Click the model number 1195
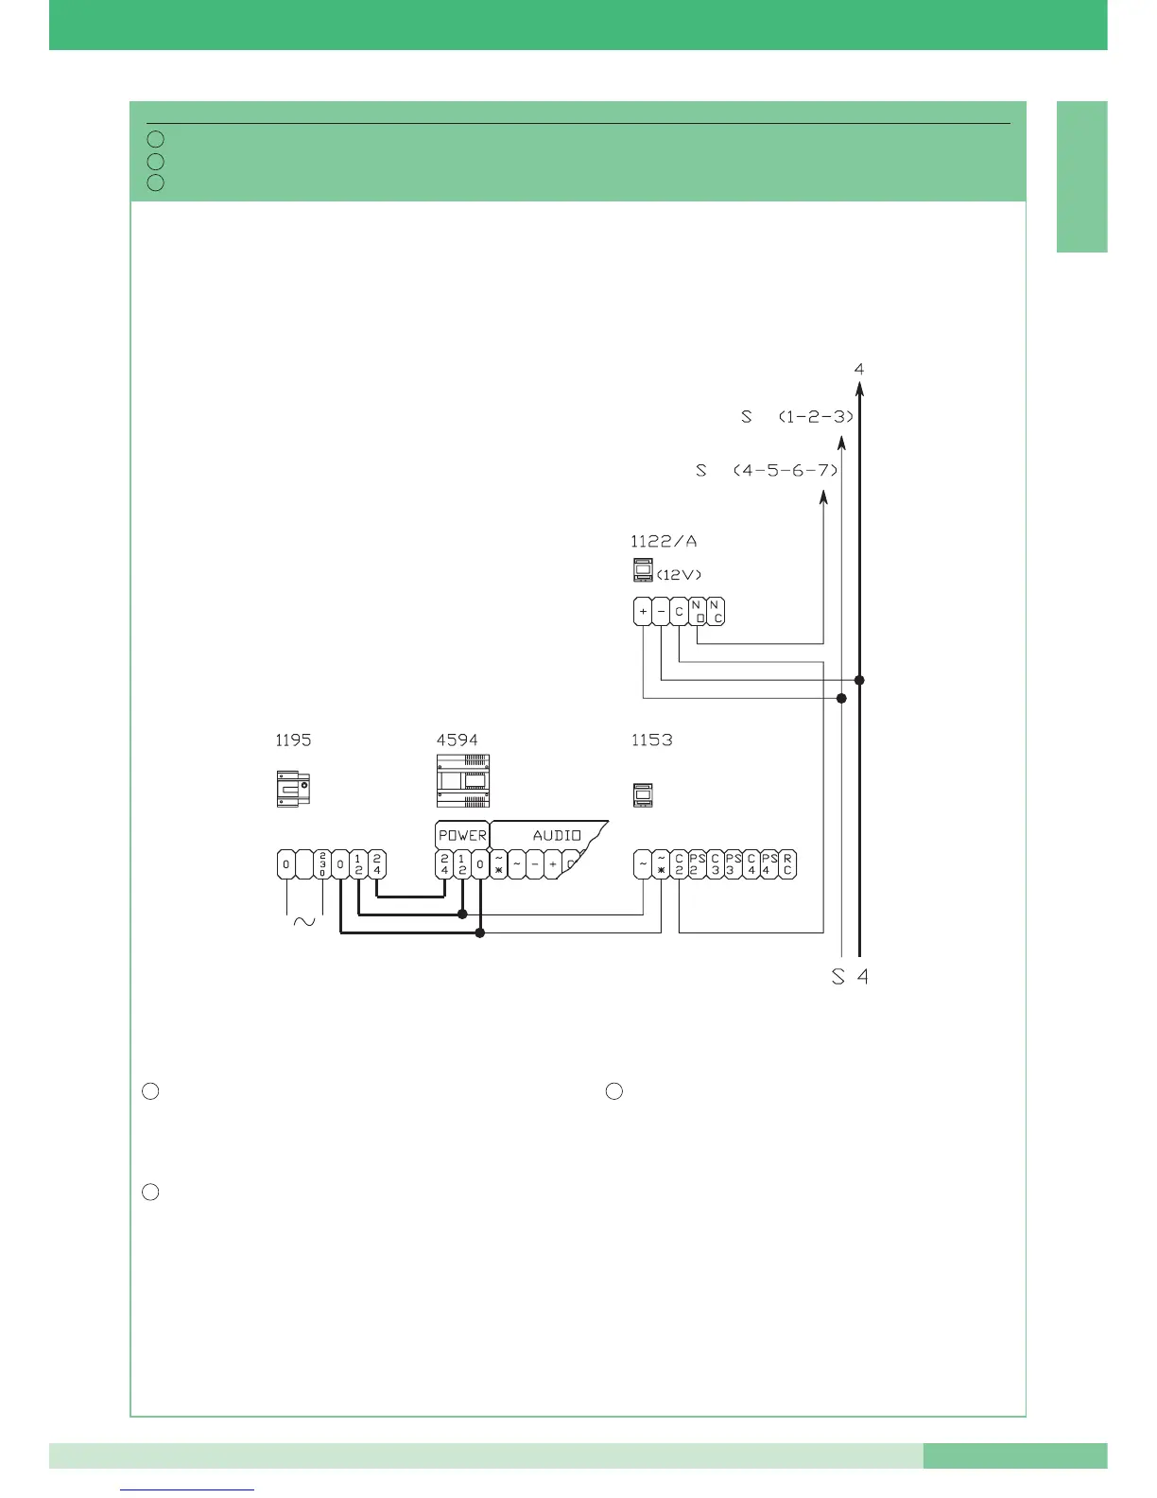tap(293, 740)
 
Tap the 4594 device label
tap(457, 740)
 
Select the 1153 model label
tap(651, 740)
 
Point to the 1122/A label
tap(664, 542)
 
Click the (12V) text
tap(680, 574)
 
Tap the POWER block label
tap(462, 835)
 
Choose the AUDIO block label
tap(557, 835)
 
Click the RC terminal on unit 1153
tap(787, 864)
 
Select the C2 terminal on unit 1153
tap(679, 864)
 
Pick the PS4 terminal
tap(768, 864)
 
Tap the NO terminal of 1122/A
tap(698, 612)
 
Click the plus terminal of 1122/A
tap(643, 612)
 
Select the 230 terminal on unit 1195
tap(322, 864)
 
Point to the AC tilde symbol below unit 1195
tap(304, 921)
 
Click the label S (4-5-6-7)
tap(767, 470)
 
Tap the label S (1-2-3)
tap(797, 416)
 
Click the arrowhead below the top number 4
tap(859, 387)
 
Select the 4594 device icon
tap(462, 781)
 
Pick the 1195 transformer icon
tap(293, 789)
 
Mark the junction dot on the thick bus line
tap(859, 680)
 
